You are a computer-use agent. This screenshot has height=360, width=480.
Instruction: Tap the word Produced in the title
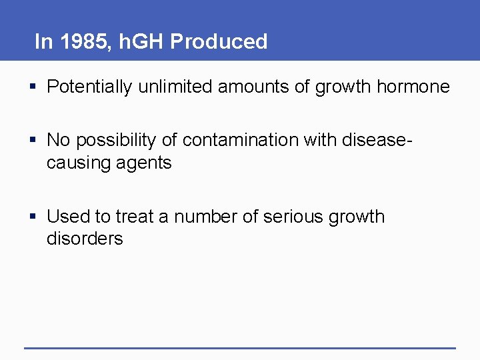click(x=219, y=42)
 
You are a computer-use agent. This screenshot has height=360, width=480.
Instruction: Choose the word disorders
click(x=85, y=239)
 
